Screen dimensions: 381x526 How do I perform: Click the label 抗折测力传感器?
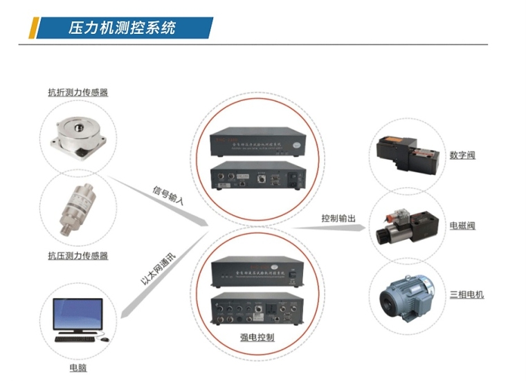tap(78, 92)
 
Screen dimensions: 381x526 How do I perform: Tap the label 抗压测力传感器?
tap(78, 256)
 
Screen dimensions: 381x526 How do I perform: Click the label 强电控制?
tap(257, 337)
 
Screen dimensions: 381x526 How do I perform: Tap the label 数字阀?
tap(462, 156)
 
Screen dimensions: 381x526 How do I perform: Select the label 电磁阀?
tap(462, 226)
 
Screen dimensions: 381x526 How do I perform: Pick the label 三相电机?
tap(466, 295)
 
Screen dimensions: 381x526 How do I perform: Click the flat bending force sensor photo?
tap(77, 134)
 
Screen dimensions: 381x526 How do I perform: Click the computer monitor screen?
tap(78, 314)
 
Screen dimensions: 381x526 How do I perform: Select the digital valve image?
tap(405, 153)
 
